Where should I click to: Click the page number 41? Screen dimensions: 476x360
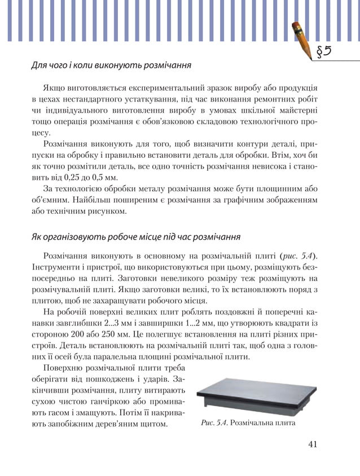(313, 444)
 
